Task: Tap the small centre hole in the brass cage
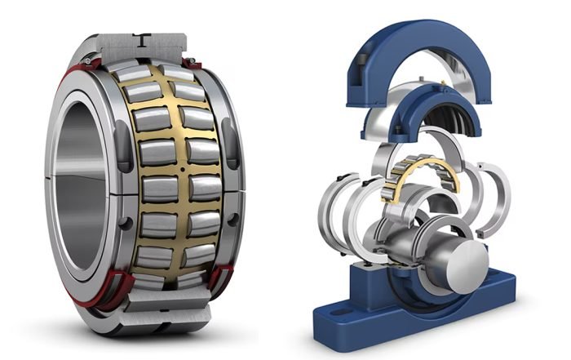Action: coord(180,170)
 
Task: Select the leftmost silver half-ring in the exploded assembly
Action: coord(339,212)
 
